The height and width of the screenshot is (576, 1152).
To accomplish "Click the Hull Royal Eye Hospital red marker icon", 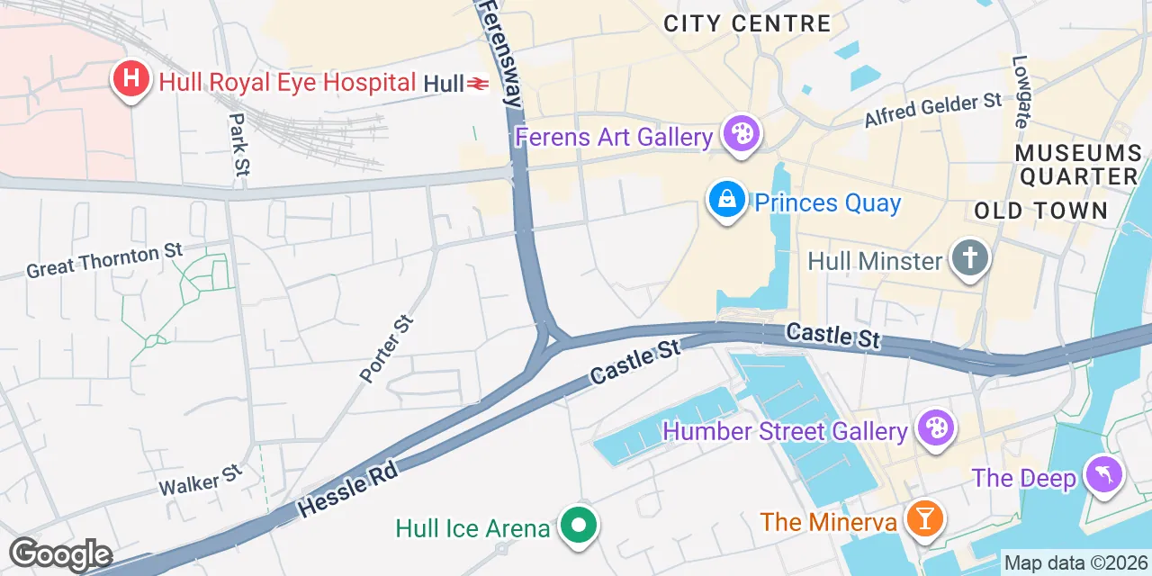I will (130, 79).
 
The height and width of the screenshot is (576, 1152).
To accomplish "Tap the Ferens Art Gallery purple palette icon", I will (742, 136).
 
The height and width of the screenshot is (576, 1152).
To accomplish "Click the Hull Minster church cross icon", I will (970, 259).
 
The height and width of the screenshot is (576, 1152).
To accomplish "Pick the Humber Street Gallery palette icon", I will (935, 429).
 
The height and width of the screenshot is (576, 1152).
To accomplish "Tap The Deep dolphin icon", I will (1103, 474).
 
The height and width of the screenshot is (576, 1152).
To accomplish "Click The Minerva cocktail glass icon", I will (922, 519).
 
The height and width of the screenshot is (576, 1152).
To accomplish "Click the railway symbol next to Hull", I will (478, 85).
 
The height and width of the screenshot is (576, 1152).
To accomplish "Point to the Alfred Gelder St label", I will (932, 110).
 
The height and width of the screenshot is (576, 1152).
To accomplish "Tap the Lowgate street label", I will (1021, 91).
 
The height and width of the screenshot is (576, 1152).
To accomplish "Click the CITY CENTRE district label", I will (747, 23).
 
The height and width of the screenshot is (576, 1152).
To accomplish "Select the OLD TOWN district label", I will (1040, 211).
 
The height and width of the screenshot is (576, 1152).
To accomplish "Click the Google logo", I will (60, 554).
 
